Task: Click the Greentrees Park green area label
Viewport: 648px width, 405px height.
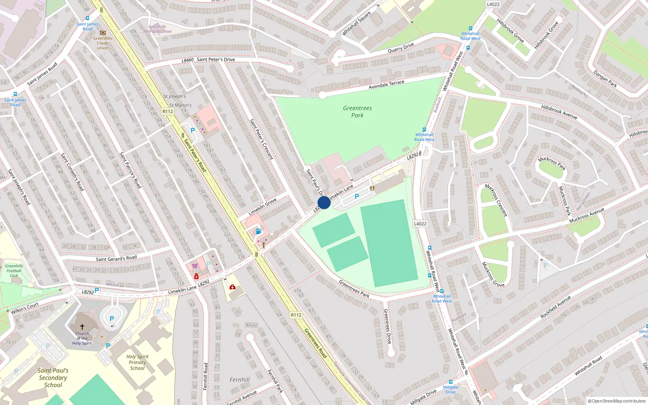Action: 357,111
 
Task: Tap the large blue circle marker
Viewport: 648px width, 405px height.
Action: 324,202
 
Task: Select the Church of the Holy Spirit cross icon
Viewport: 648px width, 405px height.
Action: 82,326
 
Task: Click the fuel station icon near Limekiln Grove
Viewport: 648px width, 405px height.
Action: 258,231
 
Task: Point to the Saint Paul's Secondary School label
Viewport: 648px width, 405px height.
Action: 53,377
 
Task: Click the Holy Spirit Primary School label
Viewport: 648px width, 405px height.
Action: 137,362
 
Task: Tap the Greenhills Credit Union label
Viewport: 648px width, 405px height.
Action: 103,43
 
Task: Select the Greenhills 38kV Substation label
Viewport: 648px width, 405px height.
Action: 157,29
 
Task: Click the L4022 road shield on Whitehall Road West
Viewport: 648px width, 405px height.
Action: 420,224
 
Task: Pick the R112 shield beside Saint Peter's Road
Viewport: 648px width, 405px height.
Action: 168,111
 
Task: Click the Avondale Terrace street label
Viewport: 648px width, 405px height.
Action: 386,84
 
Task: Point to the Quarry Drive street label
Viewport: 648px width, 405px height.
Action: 401,47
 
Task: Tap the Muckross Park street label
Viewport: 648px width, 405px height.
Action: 552,163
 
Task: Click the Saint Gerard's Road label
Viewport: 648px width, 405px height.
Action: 116,258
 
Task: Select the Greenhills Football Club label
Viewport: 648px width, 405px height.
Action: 14,271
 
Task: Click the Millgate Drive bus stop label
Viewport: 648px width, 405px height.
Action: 450,389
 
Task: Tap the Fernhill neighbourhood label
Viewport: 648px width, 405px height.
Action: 240,379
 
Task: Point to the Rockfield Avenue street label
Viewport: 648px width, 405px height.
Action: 555,307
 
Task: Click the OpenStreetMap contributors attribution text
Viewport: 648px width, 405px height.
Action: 616,401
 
